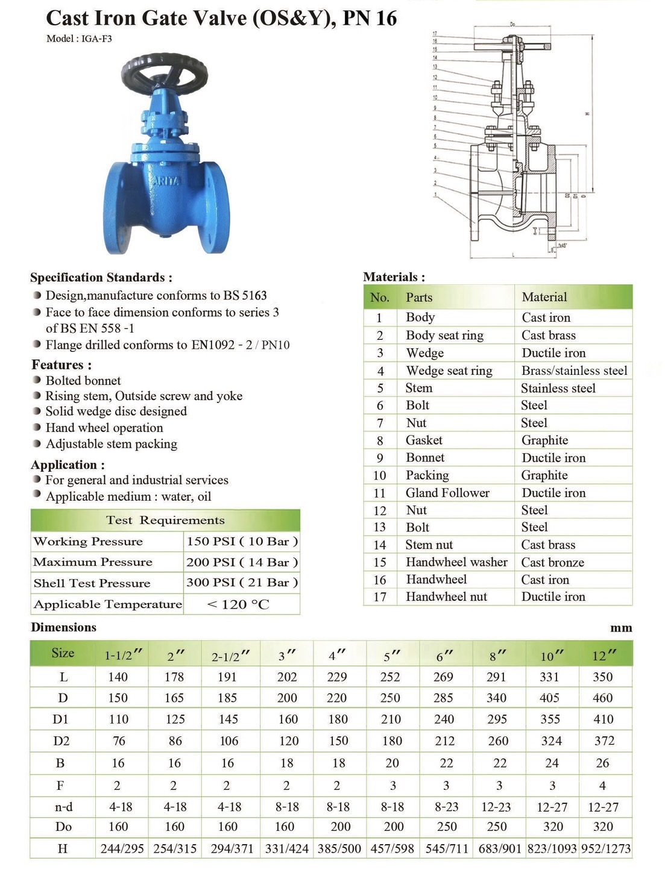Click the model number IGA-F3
(96, 39)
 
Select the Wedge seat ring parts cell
(449, 371)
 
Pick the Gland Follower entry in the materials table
(447, 493)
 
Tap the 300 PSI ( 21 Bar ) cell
(242, 583)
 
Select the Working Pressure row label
(88, 541)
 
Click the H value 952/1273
(605, 849)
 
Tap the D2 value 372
(604, 741)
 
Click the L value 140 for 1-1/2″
(118, 677)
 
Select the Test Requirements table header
(165, 520)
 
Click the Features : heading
(61, 365)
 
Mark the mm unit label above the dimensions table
(621, 628)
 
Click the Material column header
(544, 297)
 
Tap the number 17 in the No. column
(380, 597)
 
